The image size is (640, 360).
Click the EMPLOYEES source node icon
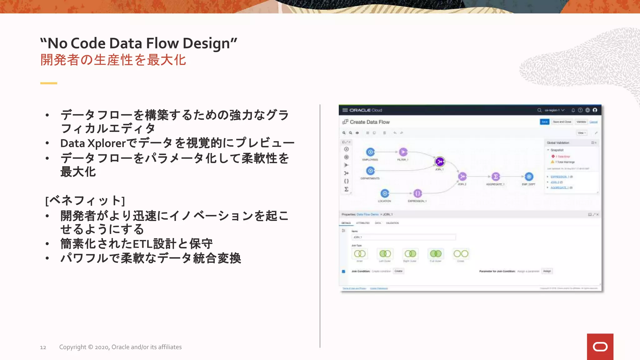(x=370, y=152)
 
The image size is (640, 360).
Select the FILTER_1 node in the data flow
(x=403, y=152)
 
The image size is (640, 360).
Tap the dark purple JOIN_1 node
(x=440, y=162)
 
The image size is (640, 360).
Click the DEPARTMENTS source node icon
(x=370, y=171)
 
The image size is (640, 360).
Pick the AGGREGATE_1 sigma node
(x=496, y=177)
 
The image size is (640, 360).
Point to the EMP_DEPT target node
(x=529, y=177)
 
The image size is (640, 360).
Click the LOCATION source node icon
(x=385, y=193)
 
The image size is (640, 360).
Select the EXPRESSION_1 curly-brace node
(x=417, y=193)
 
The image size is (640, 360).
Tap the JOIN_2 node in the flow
(x=462, y=177)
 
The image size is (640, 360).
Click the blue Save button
(x=544, y=122)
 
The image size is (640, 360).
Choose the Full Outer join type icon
(x=436, y=254)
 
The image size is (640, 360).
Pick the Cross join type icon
(x=461, y=254)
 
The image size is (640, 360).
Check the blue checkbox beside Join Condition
(x=343, y=272)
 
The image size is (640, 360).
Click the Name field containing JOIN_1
(x=403, y=237)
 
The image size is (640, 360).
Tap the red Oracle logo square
(x=600, y=347)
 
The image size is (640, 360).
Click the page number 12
(x=43, y=347)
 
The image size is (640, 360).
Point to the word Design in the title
(x=209, y=43)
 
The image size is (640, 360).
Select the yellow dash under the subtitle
(x=49, y=83)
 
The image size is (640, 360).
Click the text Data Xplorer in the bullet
(x=93, y=143)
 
